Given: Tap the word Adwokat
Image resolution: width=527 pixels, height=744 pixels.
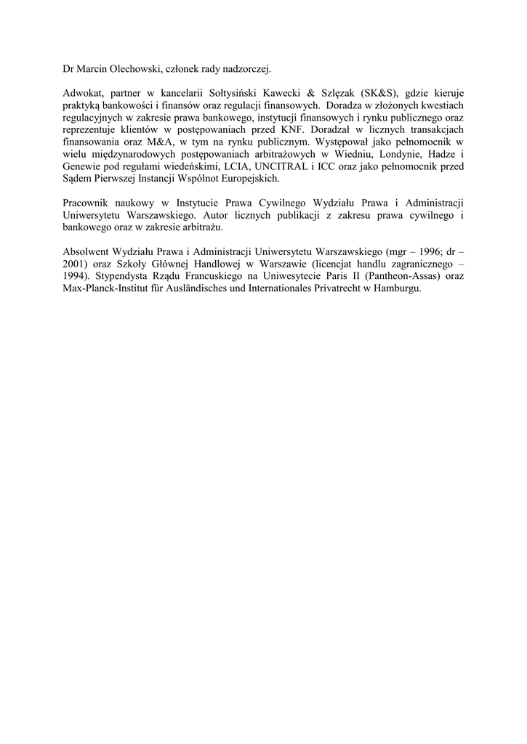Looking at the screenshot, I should click(82, 95).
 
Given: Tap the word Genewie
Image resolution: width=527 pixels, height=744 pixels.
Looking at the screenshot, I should click(82, 166).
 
